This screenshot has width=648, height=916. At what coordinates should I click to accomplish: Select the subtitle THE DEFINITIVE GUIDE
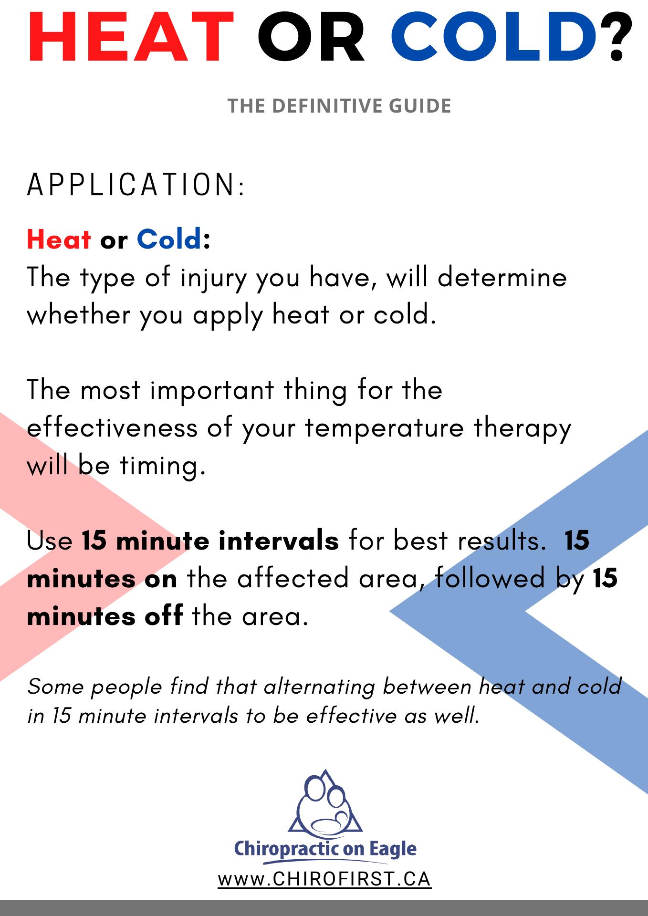[x=339, y=106]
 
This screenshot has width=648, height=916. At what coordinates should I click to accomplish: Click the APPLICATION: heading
[x=136, y=185]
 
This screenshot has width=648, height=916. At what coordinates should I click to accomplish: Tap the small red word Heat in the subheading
[x=59, y=239]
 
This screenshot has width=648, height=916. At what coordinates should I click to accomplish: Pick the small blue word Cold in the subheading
[x=169, y=239]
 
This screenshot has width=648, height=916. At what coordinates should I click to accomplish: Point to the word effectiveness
[x=112, y=427]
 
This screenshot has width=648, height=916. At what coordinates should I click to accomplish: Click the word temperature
[x=384, y=428]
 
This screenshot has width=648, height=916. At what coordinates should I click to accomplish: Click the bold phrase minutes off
[x=105, y=616]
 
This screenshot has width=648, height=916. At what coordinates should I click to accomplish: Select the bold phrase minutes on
[x=102, y=579]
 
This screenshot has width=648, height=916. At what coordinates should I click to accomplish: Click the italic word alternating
[x=319, y=687]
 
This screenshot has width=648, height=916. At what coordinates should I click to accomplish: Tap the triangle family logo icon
[x=325, y=803]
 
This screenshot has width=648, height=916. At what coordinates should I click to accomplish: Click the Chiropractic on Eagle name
[x=325, y=850]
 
